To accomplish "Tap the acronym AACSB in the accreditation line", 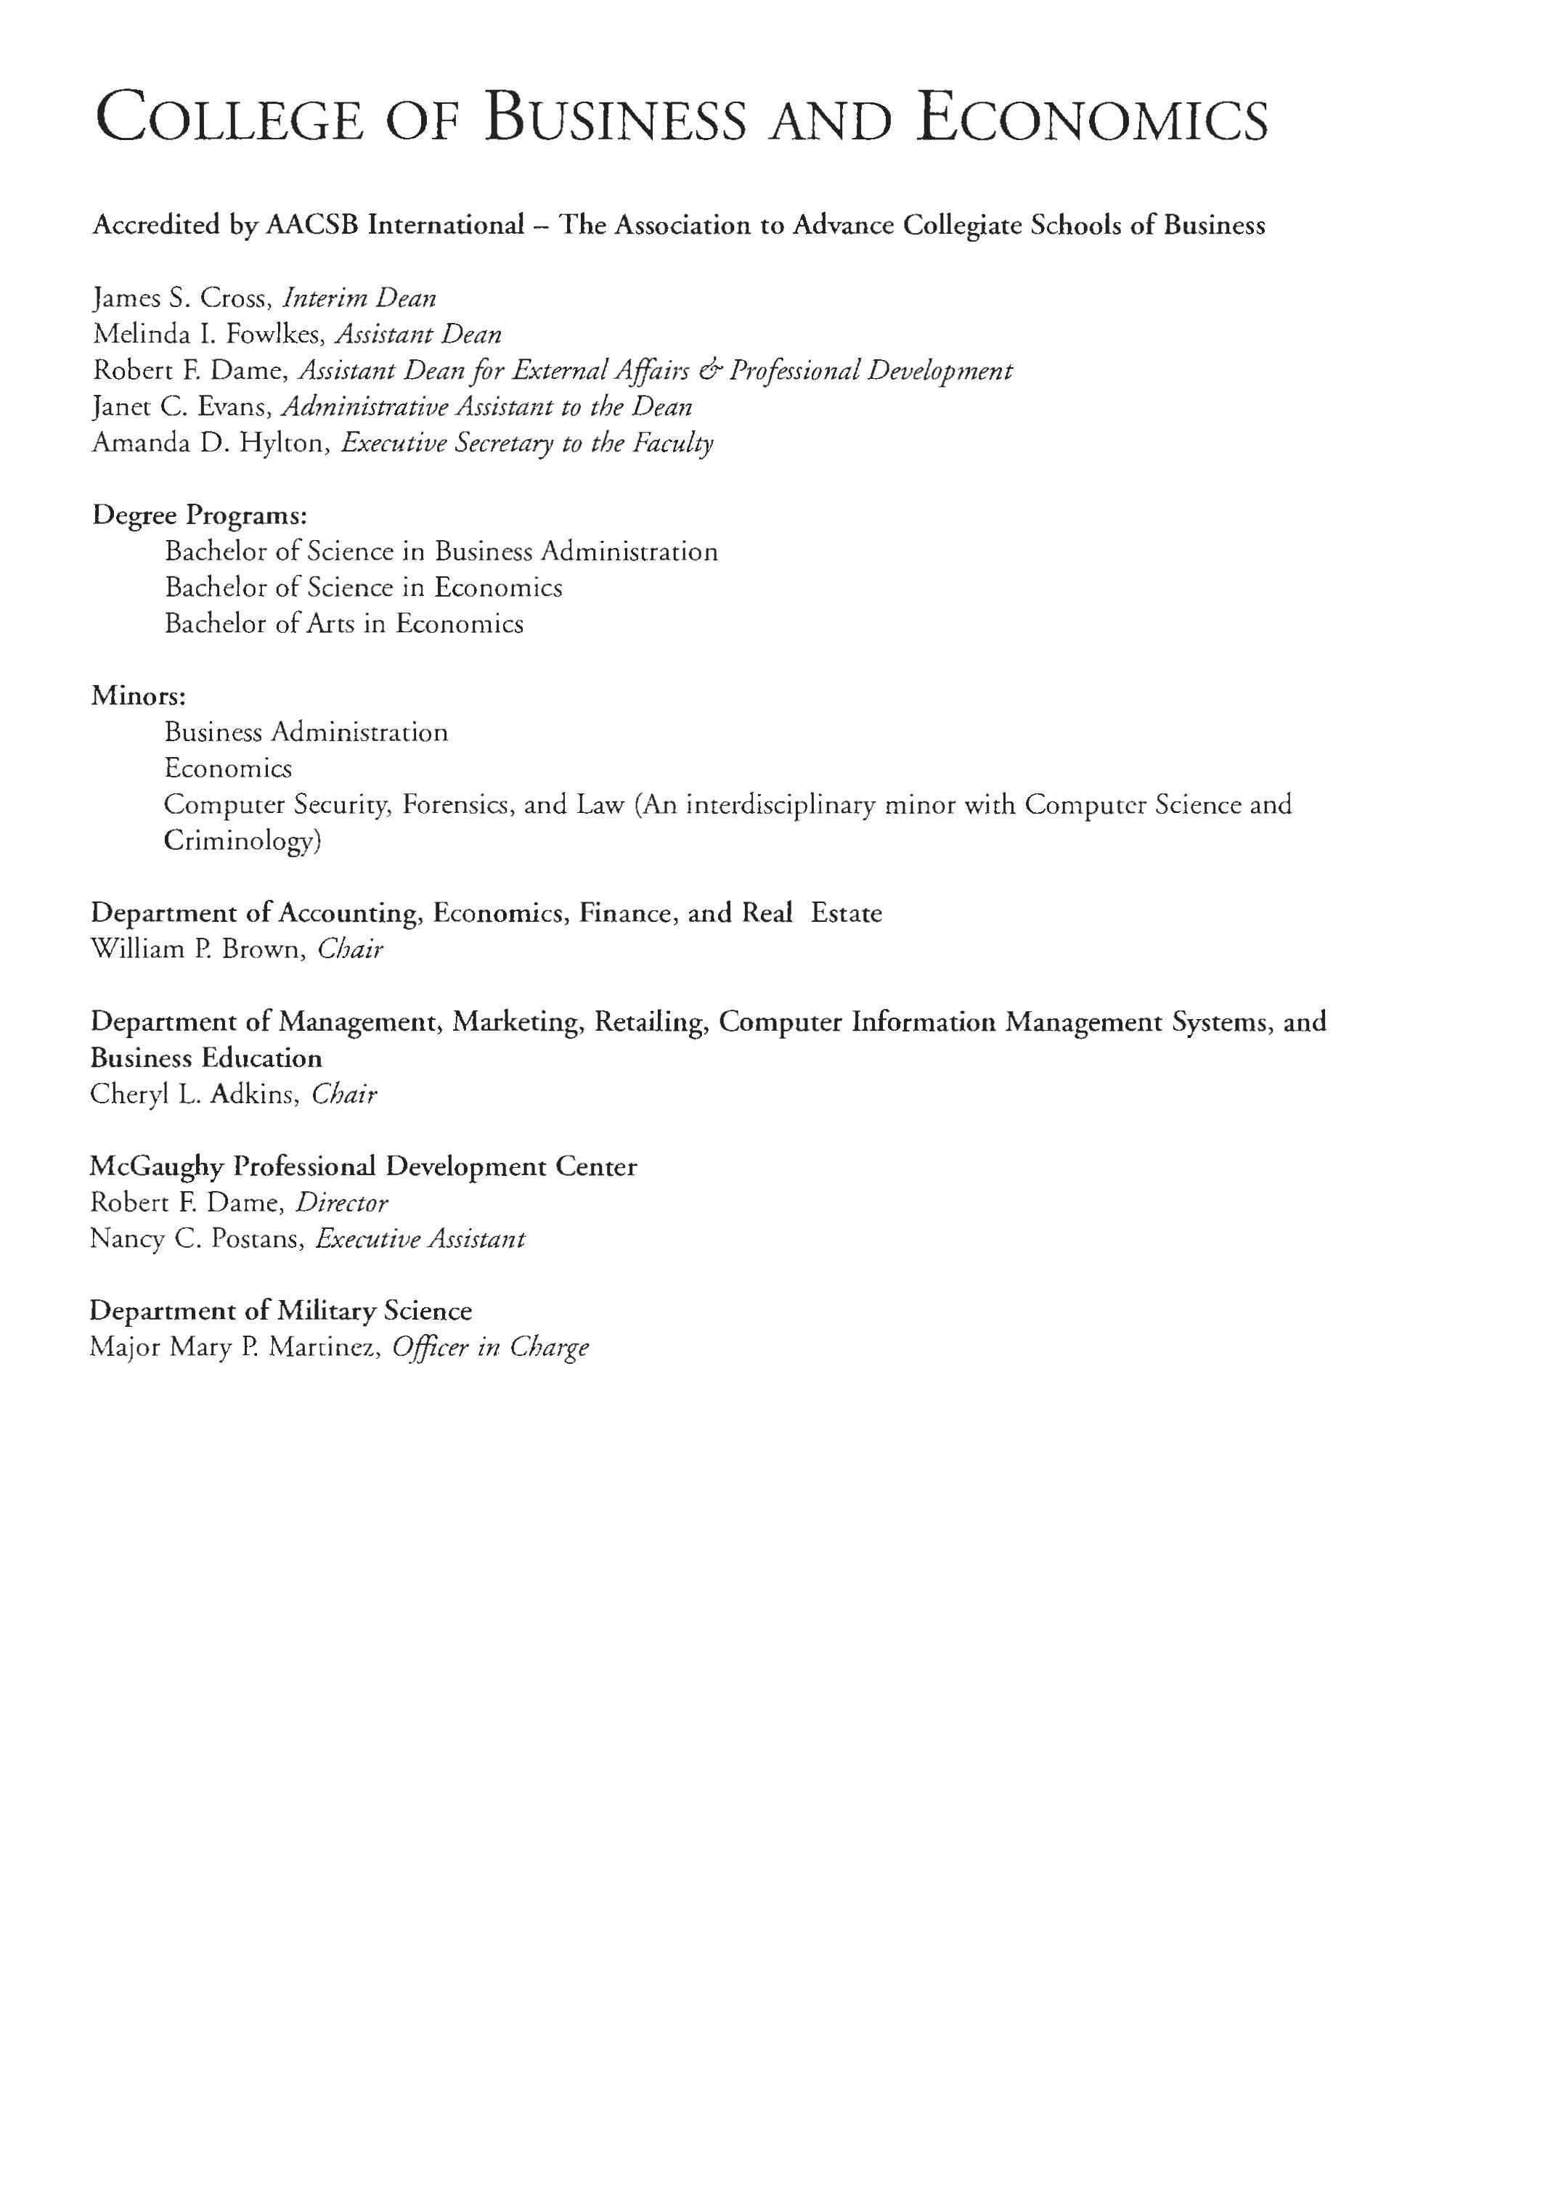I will pos(313,226).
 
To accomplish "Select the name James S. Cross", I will pos(182,298).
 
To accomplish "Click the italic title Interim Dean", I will pos(359,298).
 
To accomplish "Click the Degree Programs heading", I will pos(199,516).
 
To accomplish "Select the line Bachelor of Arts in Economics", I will pos(344,624).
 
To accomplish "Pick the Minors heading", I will pos(138,696).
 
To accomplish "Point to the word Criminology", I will pos(242,841).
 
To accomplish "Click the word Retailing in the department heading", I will pos(649,1022).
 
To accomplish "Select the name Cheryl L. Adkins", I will pos(192,1095).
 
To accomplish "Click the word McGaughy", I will pos(157,1167).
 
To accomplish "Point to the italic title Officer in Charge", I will pos(491,1348).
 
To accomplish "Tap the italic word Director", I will pos(341,1203).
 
